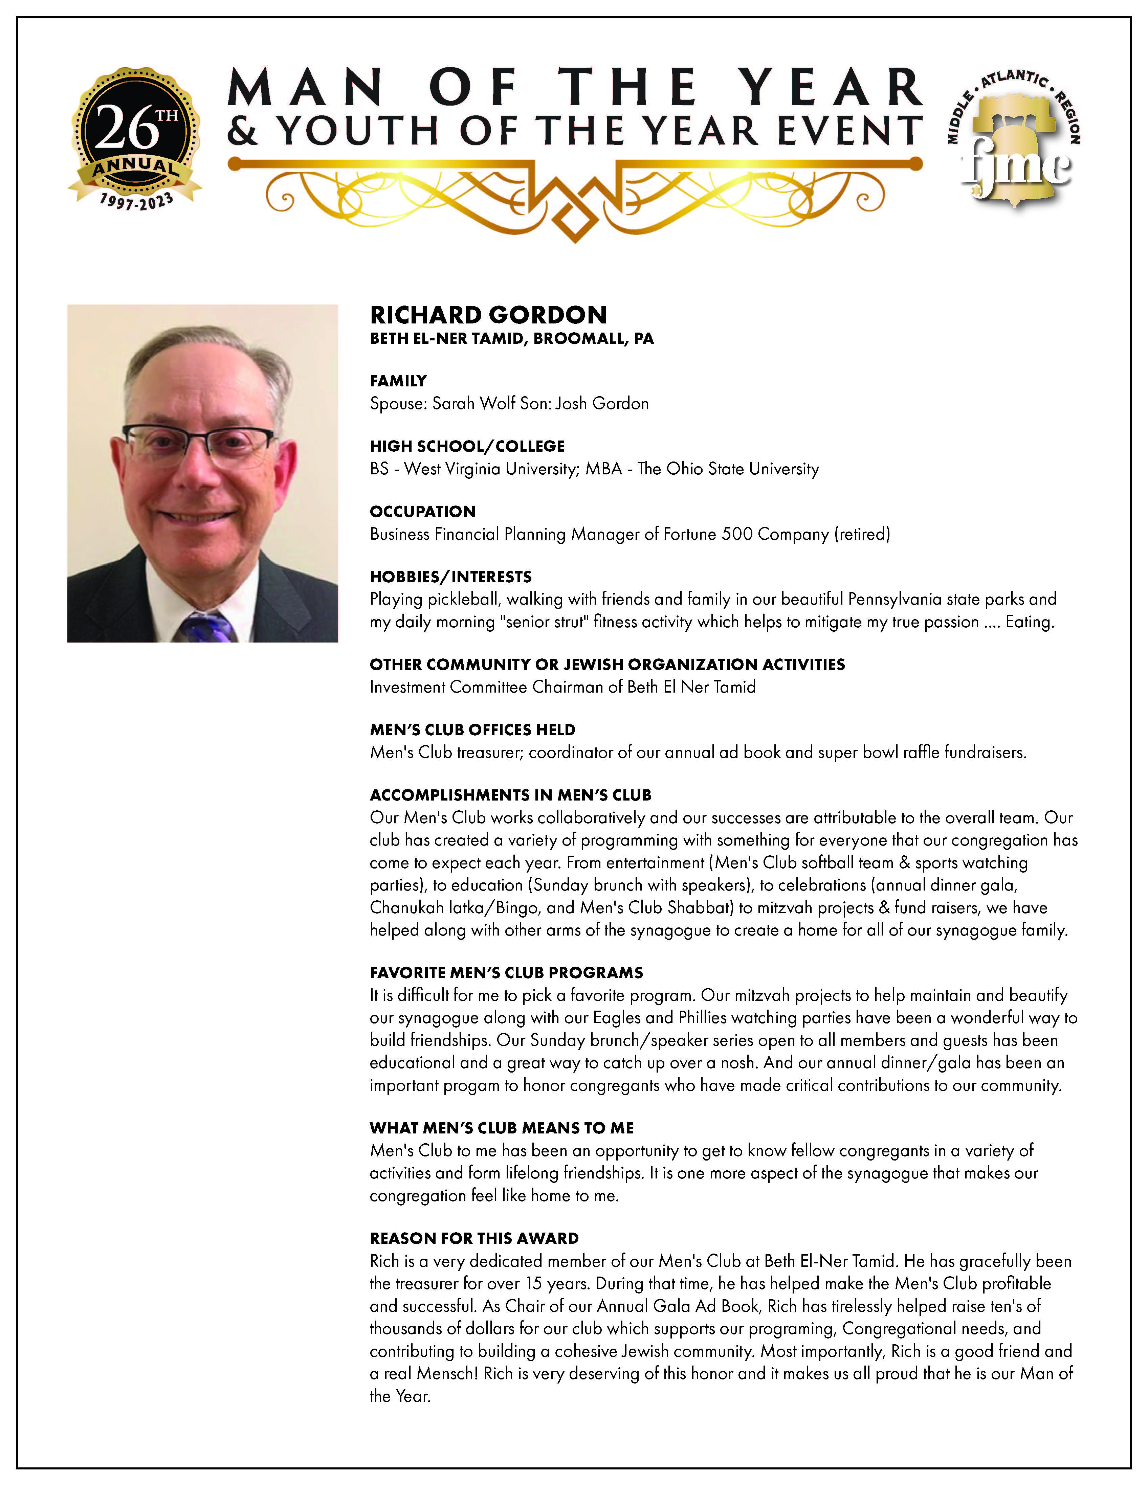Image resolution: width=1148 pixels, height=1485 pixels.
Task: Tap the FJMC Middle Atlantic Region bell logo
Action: [1013, 139]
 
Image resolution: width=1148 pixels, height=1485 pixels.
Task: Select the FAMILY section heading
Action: [398, 381]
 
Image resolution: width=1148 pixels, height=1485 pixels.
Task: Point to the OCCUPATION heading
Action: [422, 511]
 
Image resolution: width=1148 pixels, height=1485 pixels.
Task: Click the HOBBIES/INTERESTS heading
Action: [450, 577]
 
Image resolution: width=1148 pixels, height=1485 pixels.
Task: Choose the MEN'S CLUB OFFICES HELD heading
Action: [472, 729]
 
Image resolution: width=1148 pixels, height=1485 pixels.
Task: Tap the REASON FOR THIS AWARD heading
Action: [474, 1238]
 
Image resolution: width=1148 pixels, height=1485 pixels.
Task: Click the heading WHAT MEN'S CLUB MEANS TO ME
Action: [501, 1128]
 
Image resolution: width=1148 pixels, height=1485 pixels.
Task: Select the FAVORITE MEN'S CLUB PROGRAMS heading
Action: [506, 972]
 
